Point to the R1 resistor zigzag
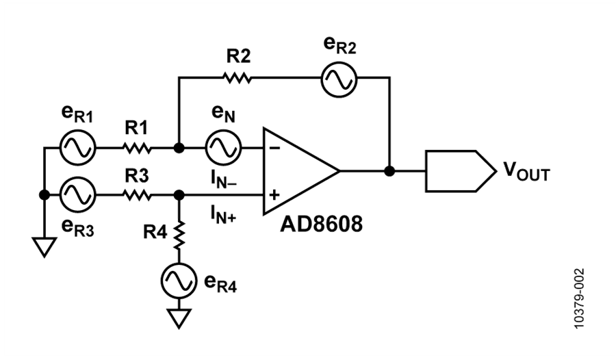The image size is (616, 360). [x=137, y=148]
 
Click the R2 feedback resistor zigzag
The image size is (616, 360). [x=238, y=77]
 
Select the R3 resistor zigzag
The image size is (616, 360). [x=137, y=194]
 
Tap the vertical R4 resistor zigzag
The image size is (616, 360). [x=179, y=235]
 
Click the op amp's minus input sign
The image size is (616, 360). [x=275, y=148]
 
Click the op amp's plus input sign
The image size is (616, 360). [x=274, y=194]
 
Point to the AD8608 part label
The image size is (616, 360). [x=322, y=224]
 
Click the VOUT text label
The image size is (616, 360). [x=527, y=172]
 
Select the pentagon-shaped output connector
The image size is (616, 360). [x=461, y=171]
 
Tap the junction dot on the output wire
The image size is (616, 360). [x=389, y=171]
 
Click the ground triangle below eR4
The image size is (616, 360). [x=179, y=318]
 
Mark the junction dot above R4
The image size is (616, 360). [x=179, y=194]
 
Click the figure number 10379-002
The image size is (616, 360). [x=579, y=298]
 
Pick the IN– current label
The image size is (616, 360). [x=224, y=181]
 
